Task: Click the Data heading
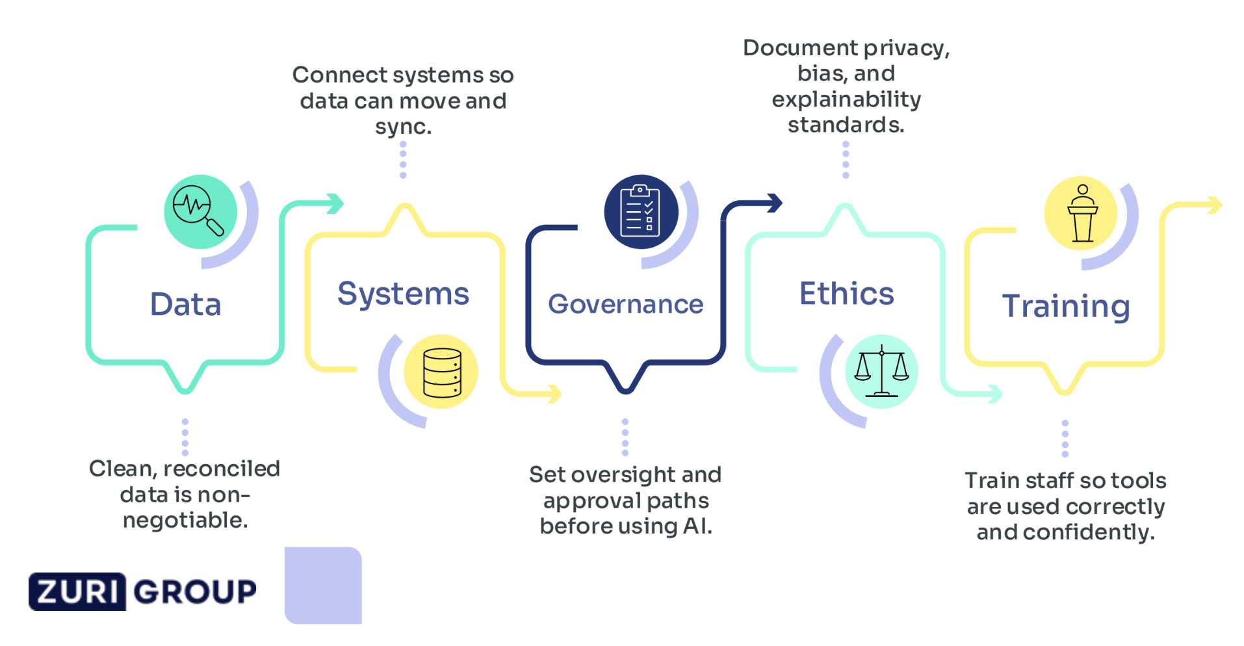185,304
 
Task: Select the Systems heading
403,294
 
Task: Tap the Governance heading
625,304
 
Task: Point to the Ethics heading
846,294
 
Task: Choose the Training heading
1066,306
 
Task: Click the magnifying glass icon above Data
200,211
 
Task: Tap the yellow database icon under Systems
441,372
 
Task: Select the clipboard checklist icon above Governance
641,211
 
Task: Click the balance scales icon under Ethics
881,372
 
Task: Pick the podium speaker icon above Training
1082,213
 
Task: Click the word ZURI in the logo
77,591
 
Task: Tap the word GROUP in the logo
195,591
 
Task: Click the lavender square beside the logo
323,585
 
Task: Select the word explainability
846,99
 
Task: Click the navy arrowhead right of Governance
775,203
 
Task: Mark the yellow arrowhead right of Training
1214,205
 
